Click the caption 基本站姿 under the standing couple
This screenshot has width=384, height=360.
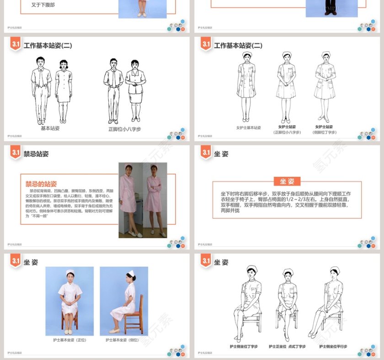(x=50, y=128)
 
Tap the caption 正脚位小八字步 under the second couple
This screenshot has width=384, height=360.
(x=124, y=129)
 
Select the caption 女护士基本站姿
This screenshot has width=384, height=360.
(x=248, y=128)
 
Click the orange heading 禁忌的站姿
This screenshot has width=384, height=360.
(x=41, y=184)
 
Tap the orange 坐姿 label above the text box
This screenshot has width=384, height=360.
(x=287, y=181)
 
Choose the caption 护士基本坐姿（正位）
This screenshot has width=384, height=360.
(x=69, y=340)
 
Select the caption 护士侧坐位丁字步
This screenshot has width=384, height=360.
(x=244, y=347)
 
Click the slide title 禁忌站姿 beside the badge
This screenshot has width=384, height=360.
(x=36, y=154)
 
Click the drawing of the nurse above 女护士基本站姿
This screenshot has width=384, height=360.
(x=246, y=87)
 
